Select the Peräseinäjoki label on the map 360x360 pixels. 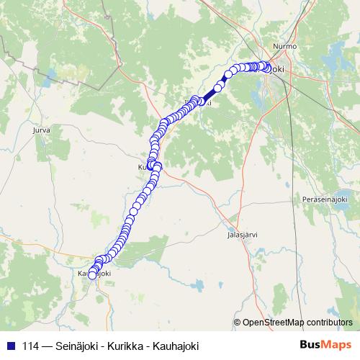coord(325,199)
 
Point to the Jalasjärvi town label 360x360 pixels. coord(242,234)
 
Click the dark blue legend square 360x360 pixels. coord(11,345)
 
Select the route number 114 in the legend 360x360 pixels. coord(32,345)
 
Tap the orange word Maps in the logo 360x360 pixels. coord(337,345)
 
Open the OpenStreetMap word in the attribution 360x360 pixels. coord(274,323)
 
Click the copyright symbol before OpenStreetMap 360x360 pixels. coord(238,323)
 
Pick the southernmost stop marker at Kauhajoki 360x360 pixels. coord(91,275)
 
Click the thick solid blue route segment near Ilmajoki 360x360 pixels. coord(210,94)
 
